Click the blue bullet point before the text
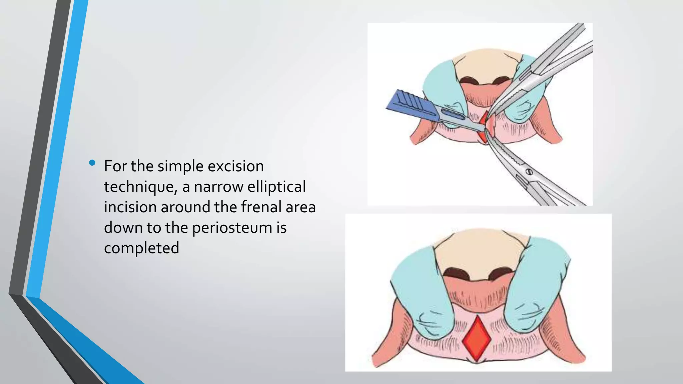(x=92, y=163)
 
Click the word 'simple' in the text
(x=180, y=166)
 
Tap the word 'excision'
(x=235, y=166)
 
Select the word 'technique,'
(x=140, y=187)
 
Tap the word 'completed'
(x=141, y=248)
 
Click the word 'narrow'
(x=219, y=187)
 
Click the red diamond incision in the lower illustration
(x=477, y=338)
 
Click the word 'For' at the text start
(x=115, y=166)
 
